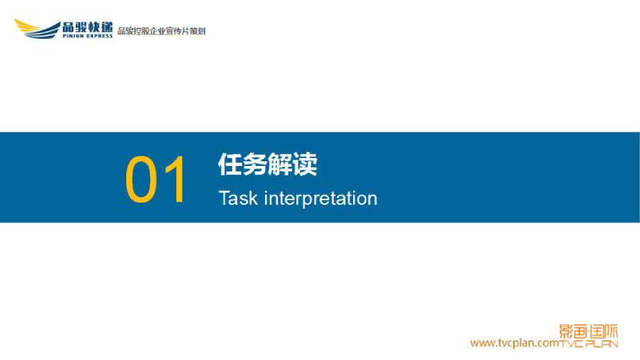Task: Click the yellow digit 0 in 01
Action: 141,178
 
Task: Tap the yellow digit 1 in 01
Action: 177,178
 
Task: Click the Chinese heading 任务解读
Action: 267,164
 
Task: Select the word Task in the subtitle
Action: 239,199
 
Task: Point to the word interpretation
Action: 321,199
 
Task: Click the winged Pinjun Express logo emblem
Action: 37,29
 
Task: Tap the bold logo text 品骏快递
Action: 87,27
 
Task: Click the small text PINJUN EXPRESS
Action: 87,36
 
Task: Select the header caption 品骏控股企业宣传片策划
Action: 161,31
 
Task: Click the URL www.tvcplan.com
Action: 514,343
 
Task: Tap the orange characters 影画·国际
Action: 589,331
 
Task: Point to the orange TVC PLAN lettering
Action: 589,344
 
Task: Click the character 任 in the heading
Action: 231,164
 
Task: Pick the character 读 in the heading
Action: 306,164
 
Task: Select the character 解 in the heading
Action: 281,164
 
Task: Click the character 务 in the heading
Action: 256,164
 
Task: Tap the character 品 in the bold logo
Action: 69,27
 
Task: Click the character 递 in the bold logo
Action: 107,27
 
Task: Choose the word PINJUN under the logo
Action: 73,36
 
